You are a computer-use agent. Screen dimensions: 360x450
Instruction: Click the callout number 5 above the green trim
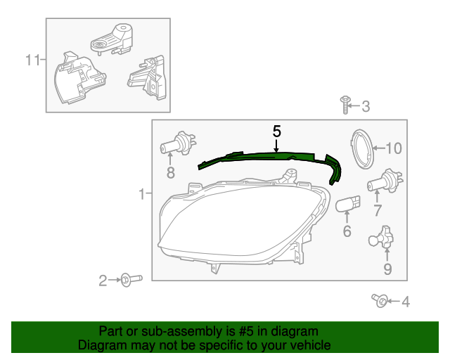[277, 131]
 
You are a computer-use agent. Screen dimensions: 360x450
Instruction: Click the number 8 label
[170, 172]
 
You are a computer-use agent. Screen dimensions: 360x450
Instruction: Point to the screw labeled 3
[345, 105]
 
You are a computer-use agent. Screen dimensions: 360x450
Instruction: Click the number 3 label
[366, 107]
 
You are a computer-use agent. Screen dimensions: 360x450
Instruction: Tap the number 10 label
[392, 148]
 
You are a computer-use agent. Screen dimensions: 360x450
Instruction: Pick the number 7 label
[378, 210]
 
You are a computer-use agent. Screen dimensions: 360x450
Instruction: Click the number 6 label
[347, 231]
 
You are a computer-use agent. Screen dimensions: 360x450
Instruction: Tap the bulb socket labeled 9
[384, 238]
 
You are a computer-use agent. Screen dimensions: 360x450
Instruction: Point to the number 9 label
[387, 268]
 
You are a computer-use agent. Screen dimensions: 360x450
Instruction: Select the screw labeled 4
[380, 301]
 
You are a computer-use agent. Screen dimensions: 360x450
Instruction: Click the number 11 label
[32, 60]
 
